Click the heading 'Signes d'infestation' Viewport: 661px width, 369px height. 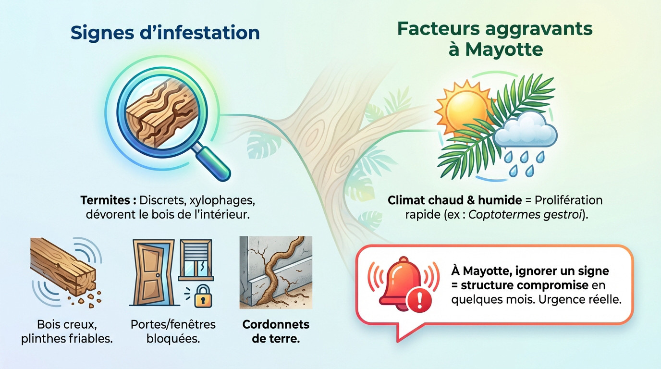click(x=165, y=33)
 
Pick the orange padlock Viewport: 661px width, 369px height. click(x=202, y=296)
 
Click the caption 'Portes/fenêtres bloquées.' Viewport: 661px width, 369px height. click(x=173, y=331)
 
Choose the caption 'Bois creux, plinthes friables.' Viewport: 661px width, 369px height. click(x=67, y=331)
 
